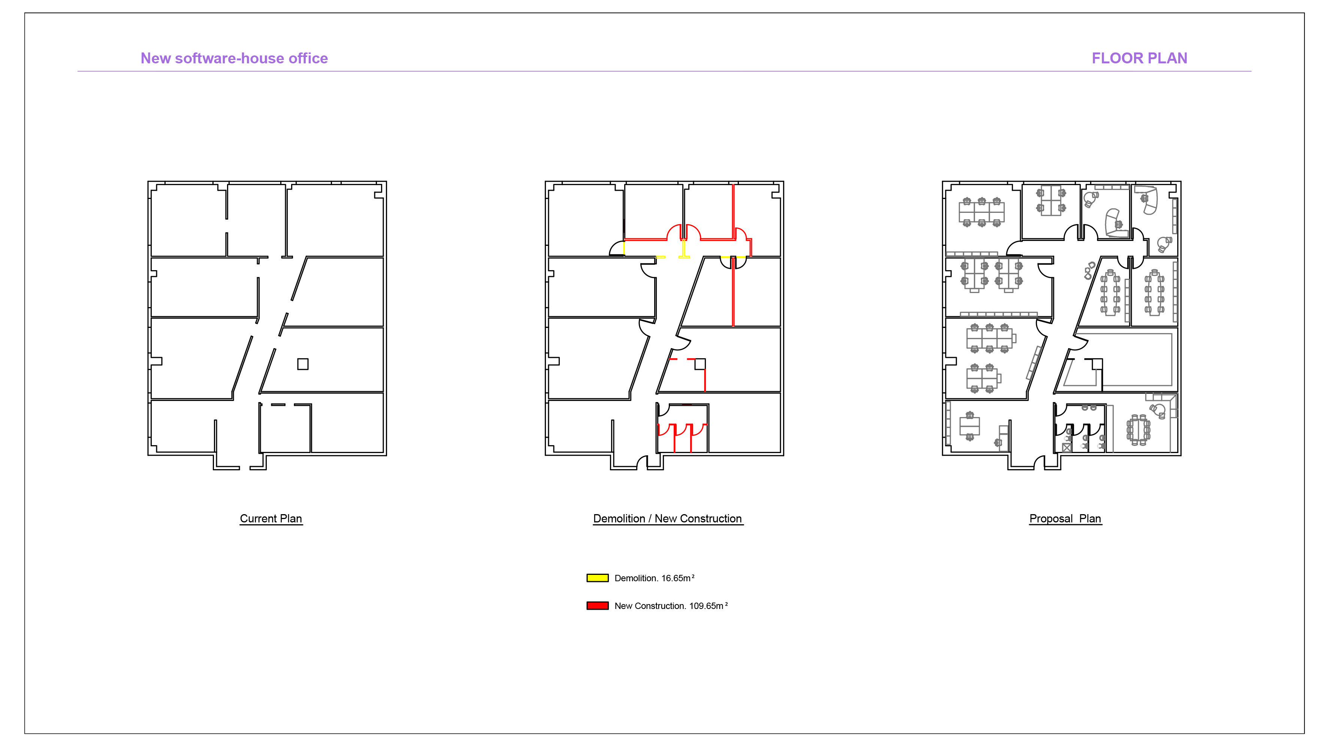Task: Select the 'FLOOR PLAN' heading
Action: tap(1140, 58)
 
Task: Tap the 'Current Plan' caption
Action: tap(271, 519)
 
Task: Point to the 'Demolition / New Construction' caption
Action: tap(668, 519)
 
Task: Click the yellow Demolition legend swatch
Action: tap(598, 578)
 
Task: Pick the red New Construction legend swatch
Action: tap(598, 606)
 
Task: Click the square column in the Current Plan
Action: tap(303, 364)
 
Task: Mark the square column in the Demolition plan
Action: tap(700, 364)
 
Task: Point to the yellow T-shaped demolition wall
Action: tap(684, 250)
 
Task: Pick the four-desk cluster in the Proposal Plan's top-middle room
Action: tap(1051, 200)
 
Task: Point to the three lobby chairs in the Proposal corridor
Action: tap(1089, 270)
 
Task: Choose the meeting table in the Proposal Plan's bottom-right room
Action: tap(1139, 429)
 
